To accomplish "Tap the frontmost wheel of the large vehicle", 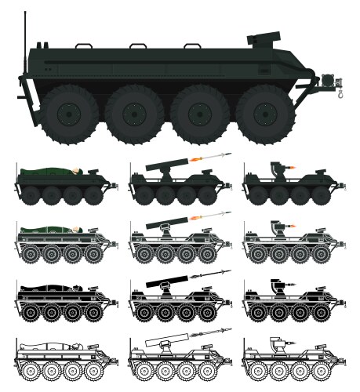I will (x=265, y=113).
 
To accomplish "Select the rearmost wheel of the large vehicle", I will (x=70, y=113).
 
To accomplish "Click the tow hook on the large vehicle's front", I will (x=340, y=93).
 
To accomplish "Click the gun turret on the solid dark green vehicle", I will (x=278, y=168).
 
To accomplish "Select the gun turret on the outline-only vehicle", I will (x=277, y=343).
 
